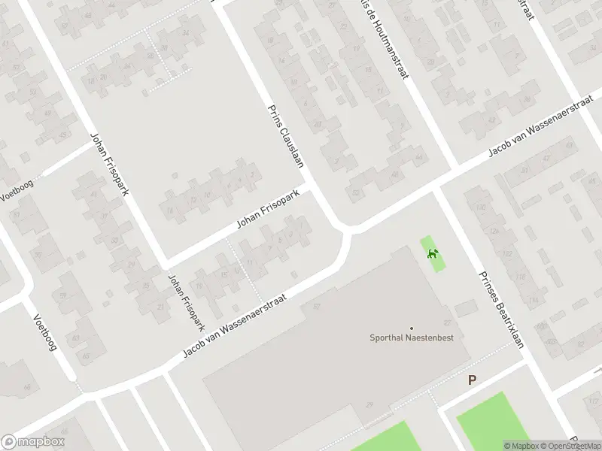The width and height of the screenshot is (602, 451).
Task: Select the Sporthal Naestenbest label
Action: click(x=416, y=337)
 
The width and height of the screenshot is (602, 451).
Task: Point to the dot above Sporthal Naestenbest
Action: click(x=411, y=328)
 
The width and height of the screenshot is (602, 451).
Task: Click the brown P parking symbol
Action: click(x=472, y=380)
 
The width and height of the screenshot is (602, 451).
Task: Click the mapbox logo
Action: click(x=32, y=442)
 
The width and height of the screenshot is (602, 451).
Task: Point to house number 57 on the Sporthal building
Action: click(x=317, y=307)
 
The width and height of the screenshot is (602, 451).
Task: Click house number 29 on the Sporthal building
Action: click(x=369, y=405)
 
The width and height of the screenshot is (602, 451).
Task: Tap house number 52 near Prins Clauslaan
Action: click(x=354, y=193)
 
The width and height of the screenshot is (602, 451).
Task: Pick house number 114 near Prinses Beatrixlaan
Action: click(x=532, y=301)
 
